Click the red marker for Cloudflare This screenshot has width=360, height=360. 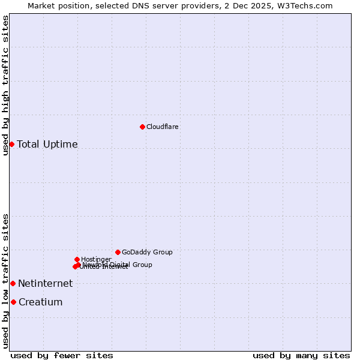click(142, 127)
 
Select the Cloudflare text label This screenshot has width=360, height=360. click(163, 127)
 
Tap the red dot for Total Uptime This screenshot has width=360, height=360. click(11, 144)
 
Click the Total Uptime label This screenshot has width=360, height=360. click(47, 145)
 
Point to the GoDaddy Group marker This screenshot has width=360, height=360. click(118, 252)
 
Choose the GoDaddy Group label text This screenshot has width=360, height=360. click(147, 253)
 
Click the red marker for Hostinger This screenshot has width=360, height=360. click(77, 259)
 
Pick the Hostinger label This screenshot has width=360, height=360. click(96, 260)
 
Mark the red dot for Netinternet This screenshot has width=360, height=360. click(13, 283)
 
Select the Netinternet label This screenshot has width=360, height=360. click(45, 284)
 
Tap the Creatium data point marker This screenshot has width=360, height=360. click(13, 302)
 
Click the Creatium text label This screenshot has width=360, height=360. click(40, 302)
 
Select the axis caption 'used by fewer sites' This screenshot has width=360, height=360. click(62, 356)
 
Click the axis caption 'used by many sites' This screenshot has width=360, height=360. click(301, 356)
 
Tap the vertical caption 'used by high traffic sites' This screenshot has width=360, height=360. click(5, 85)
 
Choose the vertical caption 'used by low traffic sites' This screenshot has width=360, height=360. click(5, 281)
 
